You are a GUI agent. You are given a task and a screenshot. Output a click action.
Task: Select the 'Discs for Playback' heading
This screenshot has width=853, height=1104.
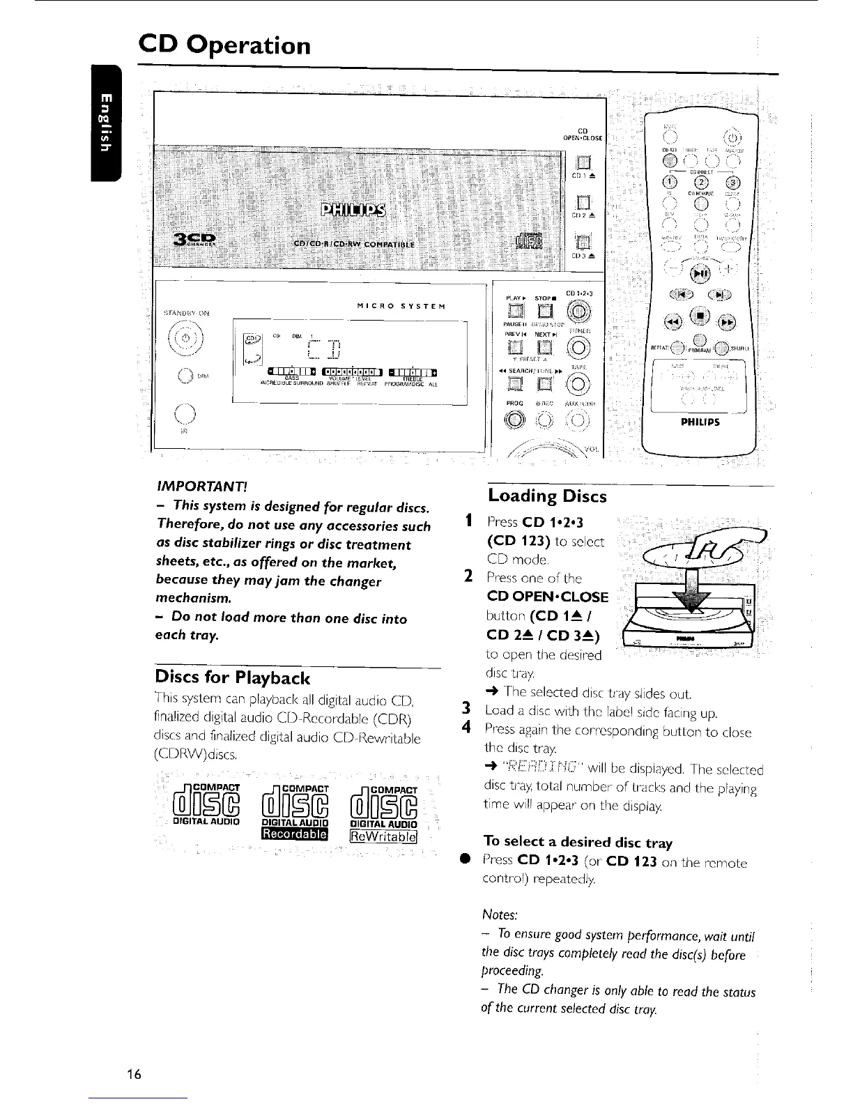(232, 677)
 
